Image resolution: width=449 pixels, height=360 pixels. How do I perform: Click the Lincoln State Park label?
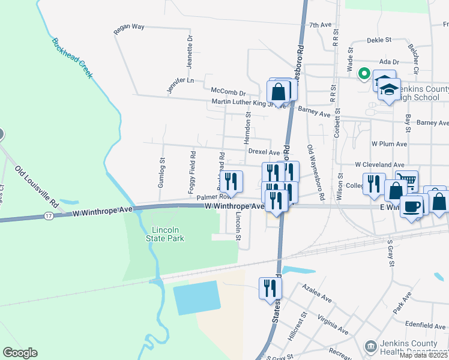[x=164, y=234]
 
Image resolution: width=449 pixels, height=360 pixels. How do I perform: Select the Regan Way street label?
[x=129, y=27]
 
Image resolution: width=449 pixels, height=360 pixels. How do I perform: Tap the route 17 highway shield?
[x=47, y=215]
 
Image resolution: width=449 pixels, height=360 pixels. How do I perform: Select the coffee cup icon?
[x=411, y=206]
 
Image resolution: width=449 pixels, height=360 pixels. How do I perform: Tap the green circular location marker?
[x=364, y=74]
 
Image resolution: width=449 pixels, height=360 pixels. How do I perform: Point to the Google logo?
[x=20, y=353]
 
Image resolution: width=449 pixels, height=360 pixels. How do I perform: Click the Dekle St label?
[x=379, y=40]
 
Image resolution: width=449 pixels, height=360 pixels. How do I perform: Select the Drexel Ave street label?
[x=264, y=152]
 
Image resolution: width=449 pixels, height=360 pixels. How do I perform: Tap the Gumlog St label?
[x=161, y=173]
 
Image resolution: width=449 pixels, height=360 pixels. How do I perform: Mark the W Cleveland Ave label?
[x=380, y=164]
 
